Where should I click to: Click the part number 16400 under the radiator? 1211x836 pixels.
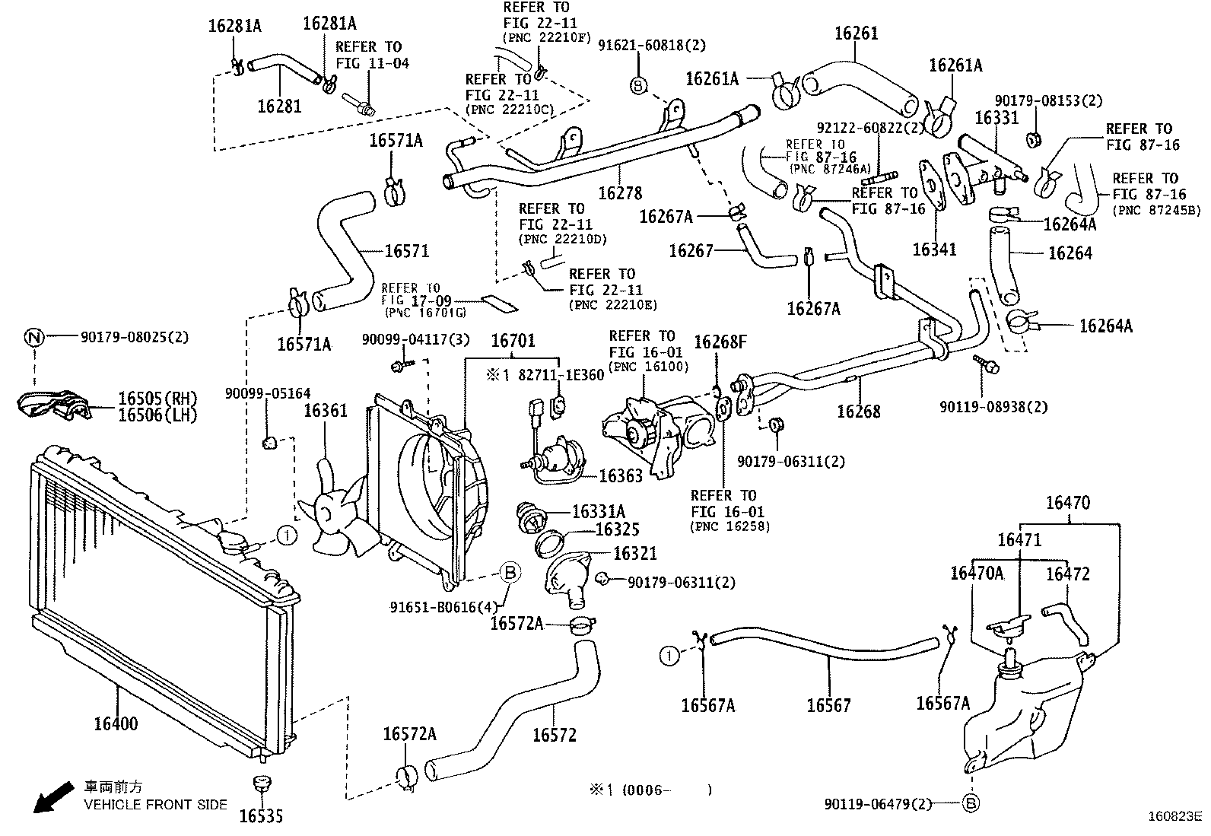(116, 723)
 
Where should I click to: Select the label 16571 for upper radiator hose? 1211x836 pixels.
(407, 251)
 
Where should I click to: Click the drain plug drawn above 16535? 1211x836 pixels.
(261, 783)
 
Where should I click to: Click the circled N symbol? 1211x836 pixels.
(33, 336)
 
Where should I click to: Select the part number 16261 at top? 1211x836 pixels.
(856, 33)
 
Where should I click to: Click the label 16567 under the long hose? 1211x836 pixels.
(828, 706)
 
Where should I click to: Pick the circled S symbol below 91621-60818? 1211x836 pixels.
(638, 84)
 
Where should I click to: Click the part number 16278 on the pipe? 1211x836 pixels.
(620, 193)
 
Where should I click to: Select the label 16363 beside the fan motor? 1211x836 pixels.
(621, 476)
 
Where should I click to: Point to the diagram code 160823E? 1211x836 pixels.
(1174, 817)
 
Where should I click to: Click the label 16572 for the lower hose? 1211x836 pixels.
(554, 735)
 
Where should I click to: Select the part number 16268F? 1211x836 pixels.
(720, 342)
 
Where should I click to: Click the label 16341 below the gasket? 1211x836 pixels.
(934, 250)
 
